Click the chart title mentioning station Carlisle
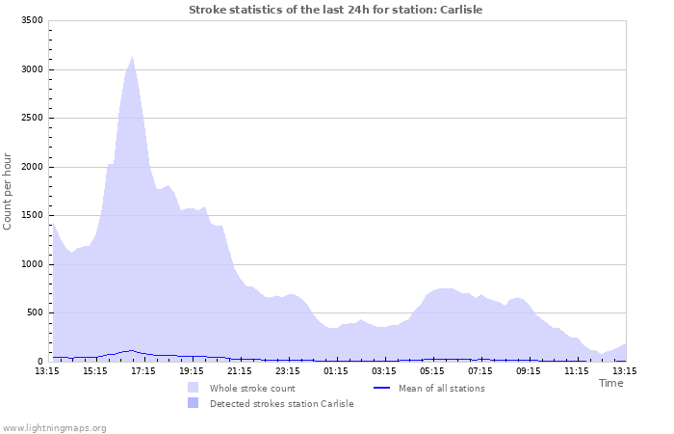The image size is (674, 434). pyautogui.click(x=335, y=10)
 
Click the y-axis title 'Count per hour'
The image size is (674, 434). pyautogui.click(x=9, y=191)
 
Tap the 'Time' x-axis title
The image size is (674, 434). pyautogui.click(x=610, y=383)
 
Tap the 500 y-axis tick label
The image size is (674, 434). pyautogui.click(x=34, y=312)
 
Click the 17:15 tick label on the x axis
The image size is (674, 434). pyautogui.click(x=143, y=370)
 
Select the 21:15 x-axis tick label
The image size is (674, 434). pyautogui.click(x=240, y=370)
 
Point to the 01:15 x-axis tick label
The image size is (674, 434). pyautogui.click(x=336, y=370)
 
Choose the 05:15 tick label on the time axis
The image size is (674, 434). pyautogui.click(x=432, y=370)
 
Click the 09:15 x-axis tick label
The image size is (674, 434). pyautogui.click(x=529, y=370)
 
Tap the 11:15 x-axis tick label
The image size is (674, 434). pyautogui.click(x=577, y=370)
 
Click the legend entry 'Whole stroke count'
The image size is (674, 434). pyautogui.click(x=252, y=388)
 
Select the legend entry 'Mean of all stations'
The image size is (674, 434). pyautogui.click(x=441, y=388)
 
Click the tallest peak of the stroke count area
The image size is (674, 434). pyautogui.click(x=132, y=58)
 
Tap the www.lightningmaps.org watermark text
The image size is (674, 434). pyautogui.click(x=54, y=427)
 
